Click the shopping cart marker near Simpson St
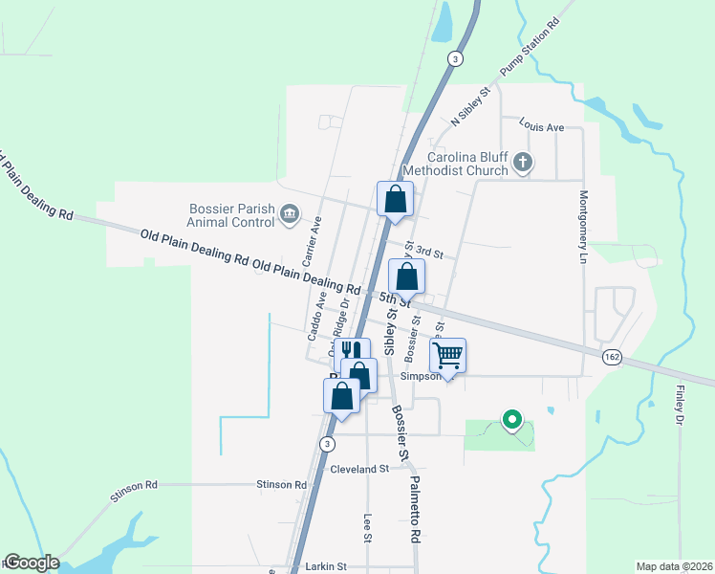[447, 357]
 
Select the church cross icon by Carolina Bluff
[522, 163]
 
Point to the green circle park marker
[512, 419]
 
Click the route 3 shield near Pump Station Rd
[456, 59]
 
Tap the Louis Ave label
[542, 125]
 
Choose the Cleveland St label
[359, 469]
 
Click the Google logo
[31, 563]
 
